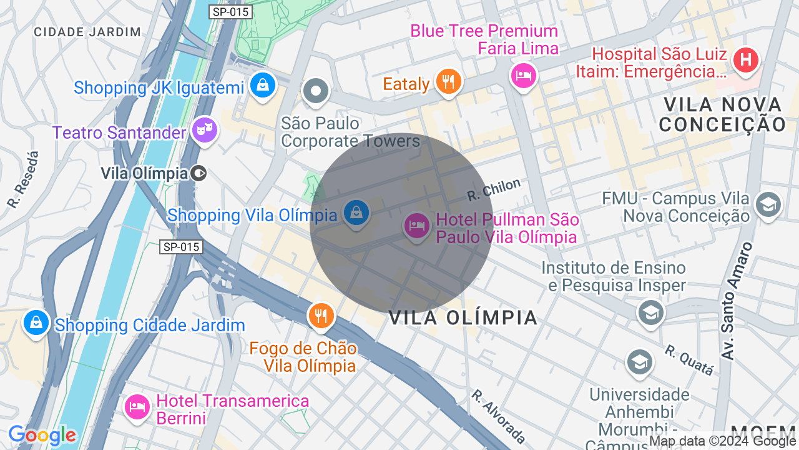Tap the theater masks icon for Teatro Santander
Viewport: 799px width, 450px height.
point(205,130)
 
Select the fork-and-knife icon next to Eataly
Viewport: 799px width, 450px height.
point(448,81)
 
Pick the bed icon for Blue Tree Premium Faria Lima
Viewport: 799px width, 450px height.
point(523,76)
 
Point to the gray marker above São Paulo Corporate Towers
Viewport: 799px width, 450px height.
point(316,91)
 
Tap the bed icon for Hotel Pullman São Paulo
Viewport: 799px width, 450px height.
point(416,226)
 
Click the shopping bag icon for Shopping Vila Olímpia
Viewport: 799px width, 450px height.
point(356,212)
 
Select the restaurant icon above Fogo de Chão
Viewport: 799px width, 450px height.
point(321,315)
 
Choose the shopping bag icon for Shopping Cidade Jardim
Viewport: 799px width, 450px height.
point(36,322)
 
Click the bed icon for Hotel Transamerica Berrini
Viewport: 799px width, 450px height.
point(137,407)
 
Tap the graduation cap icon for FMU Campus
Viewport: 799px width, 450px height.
point(768,204)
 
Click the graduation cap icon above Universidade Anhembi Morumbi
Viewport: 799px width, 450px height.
point(640,362)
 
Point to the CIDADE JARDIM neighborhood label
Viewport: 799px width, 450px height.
point(87,32)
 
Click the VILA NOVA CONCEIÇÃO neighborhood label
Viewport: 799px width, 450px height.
point(723,114)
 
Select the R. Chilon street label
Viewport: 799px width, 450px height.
point(494,190)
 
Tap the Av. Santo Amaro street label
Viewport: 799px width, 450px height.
point(737,301)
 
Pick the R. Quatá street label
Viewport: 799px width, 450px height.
point(689,360)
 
